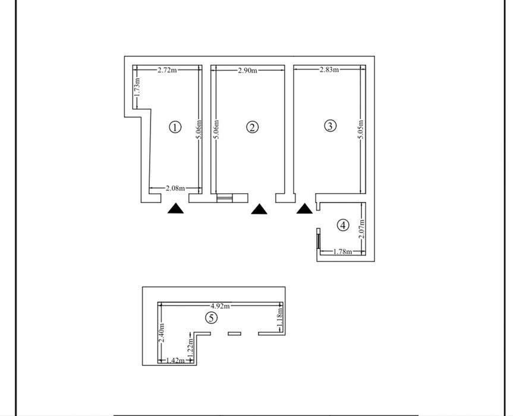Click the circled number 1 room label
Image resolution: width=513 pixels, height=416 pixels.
tap(175, 127)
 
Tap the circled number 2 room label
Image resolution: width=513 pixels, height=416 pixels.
tap(253, 127)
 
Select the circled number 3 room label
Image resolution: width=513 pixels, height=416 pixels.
tap(331, 125)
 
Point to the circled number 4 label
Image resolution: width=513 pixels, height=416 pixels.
tap(342, 225)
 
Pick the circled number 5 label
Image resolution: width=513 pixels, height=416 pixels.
tap(210, 318)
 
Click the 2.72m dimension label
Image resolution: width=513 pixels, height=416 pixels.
tap(167, 70)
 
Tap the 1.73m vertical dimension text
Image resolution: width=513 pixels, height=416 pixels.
tap(137, 87)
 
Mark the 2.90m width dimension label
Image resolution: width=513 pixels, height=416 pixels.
tap(247, 71)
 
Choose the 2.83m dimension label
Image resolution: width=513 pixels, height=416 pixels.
tap(329, 70)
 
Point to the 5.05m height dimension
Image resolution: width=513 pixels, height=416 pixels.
tap(361, 130)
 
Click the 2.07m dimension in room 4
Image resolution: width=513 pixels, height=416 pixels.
tap(362, 229)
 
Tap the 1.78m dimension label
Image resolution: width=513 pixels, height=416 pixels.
tap(342, 252)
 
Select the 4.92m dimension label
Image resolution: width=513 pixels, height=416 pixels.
tap(220, 305)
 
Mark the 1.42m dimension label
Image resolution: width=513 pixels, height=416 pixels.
tap(175, 360)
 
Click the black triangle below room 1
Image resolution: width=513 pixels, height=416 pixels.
tap(176, 208)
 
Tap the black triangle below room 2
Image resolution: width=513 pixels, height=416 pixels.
tap(259, 209)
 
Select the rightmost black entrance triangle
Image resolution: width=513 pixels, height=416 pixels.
tap(305, 208)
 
